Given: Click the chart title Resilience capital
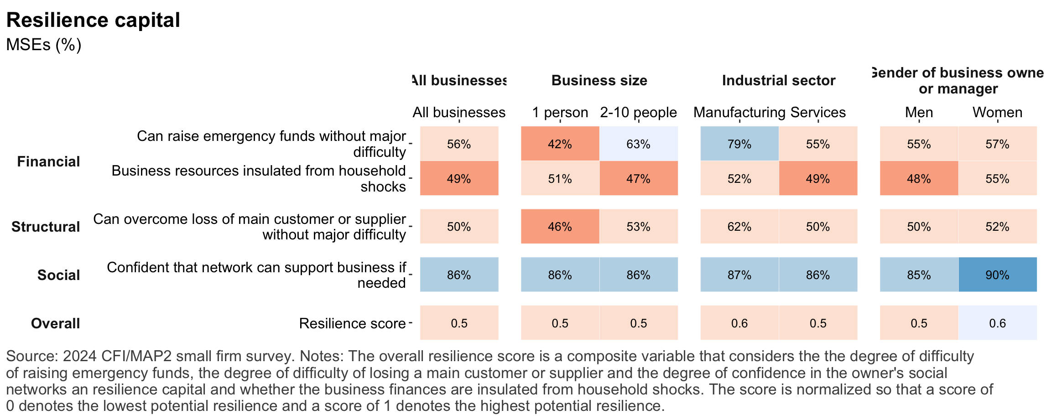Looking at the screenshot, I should (x=93, y=21).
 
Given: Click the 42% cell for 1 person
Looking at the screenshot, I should (x=560, y=144).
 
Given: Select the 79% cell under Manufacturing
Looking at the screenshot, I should (x=739, y=144).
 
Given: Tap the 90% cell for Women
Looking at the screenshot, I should (x=997, y=275).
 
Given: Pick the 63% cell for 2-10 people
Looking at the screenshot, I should (x=638, y=144).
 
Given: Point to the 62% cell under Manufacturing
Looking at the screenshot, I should (x=739, y=227).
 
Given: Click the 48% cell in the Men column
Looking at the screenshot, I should (x=919, y=179).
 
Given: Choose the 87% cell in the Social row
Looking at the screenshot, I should (x=739, y=275).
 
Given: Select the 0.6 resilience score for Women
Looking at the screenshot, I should (x=997, y=323).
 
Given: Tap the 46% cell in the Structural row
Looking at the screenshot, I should (x=560, y=227).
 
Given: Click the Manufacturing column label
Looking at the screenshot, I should (x=739, y=112).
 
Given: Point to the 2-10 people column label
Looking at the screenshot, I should (x=638, y=112).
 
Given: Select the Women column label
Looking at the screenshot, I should (x=997, y=112).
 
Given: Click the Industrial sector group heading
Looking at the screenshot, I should (x=779, y=81).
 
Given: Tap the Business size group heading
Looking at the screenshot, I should (x=599, y=81).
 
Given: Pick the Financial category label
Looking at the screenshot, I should (x=48, y=161).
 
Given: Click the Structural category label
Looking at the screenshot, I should (x=46, y=227).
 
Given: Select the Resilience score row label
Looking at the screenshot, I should (x=352, y=323).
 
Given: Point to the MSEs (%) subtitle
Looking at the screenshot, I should (x=44, y=45).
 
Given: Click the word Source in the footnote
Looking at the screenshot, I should (x=31, y=356).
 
